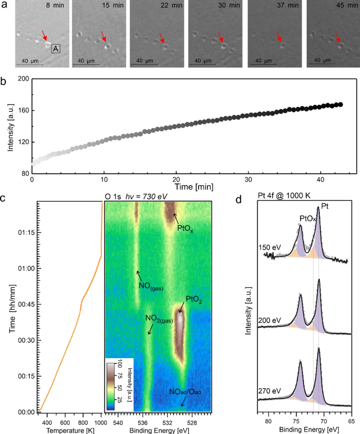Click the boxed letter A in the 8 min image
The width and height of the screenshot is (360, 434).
(x=56, y=49)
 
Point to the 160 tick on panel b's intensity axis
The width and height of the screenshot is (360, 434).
(x=21, y=110)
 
